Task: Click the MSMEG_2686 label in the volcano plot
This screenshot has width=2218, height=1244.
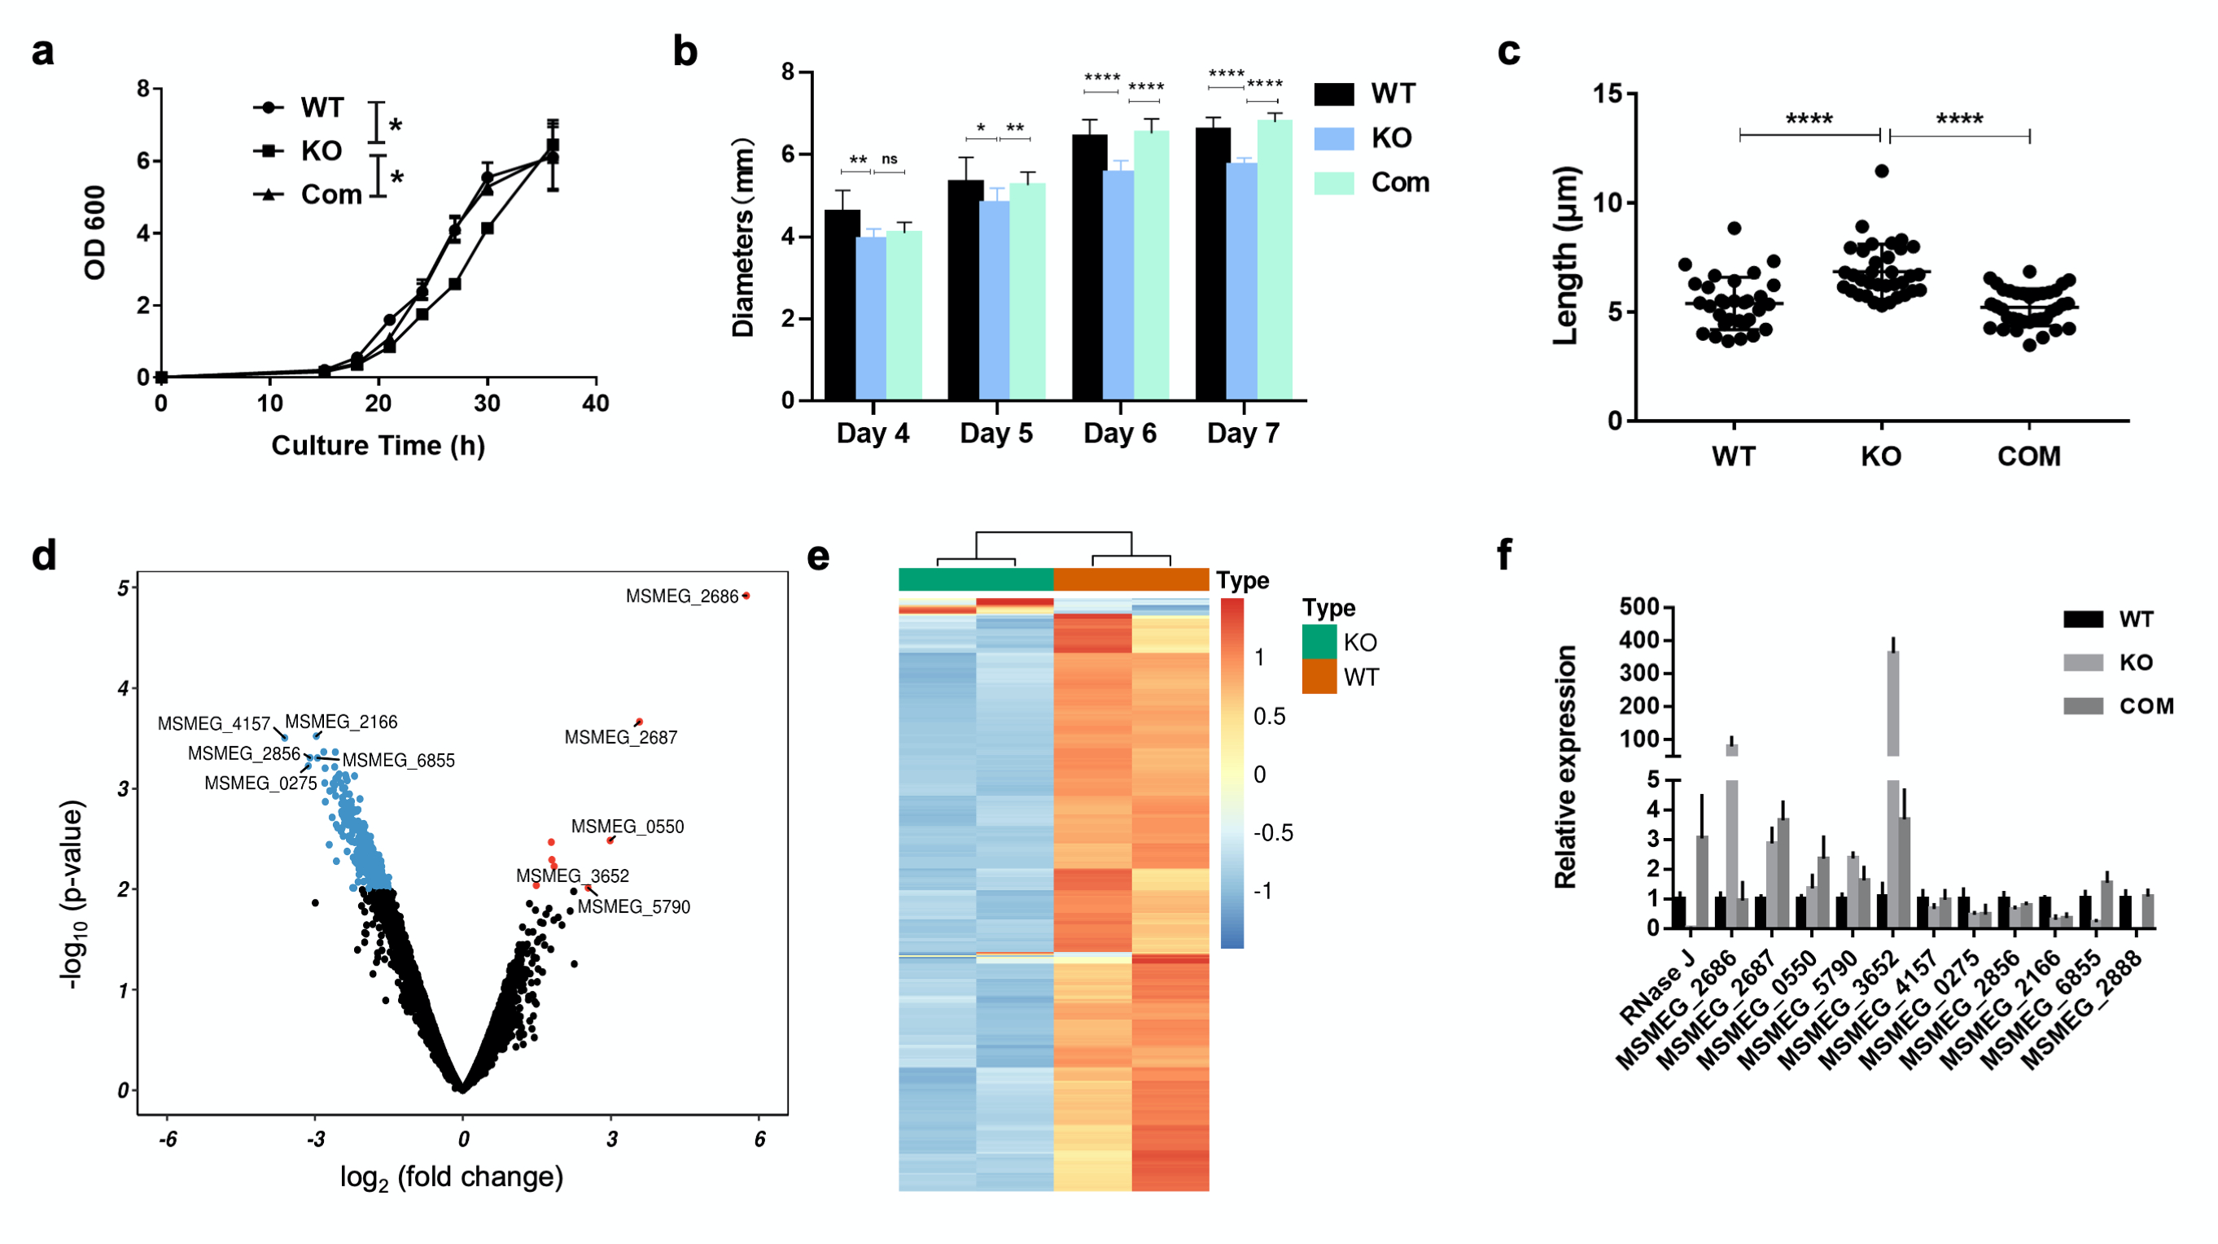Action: (681, 596)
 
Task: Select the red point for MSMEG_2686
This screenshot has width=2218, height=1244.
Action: (746, 596)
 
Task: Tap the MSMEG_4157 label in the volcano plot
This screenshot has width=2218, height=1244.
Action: (213, 724)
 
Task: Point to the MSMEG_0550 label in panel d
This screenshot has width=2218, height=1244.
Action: (628, 827)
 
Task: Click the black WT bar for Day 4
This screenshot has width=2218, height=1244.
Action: (842, 306)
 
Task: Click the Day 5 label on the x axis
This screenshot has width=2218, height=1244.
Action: (996, 433)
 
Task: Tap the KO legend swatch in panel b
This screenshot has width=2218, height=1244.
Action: (1334, 138)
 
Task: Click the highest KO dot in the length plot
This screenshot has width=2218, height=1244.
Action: (1882, 172)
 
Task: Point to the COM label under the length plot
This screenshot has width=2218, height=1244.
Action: (2028, 456)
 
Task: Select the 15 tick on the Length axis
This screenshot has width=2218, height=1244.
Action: (1608, 94)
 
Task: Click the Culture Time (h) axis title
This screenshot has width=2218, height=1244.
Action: (378, 446)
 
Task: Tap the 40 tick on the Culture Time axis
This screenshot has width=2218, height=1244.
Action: (596, 403)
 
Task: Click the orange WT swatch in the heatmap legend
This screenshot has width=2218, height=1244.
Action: (1319, 677)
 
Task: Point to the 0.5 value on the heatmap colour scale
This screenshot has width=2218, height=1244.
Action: (1269, 716)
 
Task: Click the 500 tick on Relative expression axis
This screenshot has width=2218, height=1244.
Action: (1639, 607)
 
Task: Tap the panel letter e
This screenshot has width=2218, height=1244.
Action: (818, 558)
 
